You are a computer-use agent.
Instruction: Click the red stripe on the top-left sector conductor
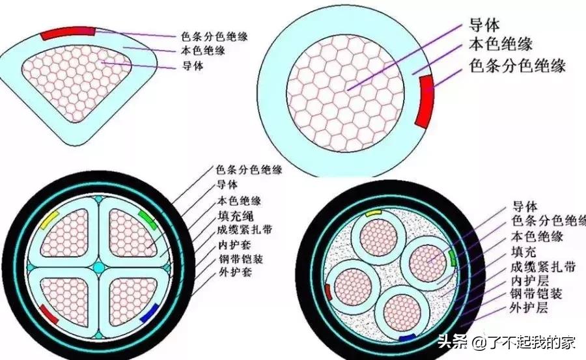[68, 32]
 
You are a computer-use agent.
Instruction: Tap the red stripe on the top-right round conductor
[425, 100]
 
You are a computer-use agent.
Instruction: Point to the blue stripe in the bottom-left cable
[149, 312]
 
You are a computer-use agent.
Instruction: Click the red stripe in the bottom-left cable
[48, 313]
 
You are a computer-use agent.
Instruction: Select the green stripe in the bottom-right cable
[452, 259]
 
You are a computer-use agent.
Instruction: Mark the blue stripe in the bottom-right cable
[408, 338]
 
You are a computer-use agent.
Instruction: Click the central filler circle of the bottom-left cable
[99, 268]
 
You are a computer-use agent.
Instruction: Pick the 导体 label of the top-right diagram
[484, 26]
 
